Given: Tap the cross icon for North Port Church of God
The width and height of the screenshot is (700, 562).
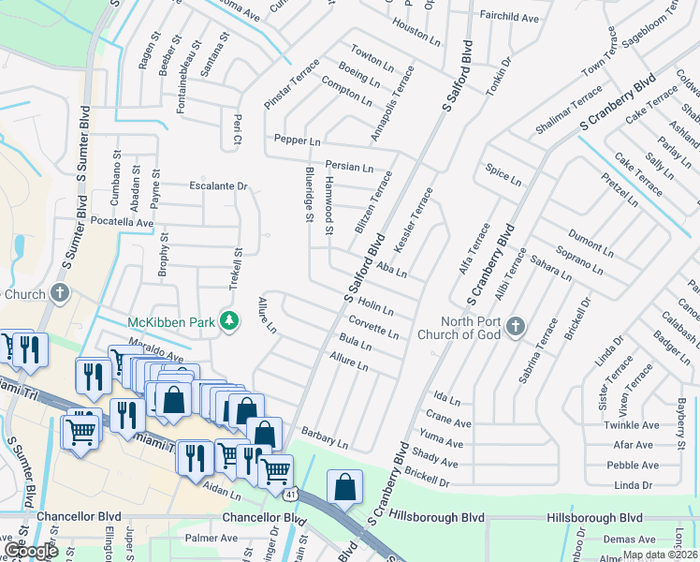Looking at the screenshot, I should point(514,327).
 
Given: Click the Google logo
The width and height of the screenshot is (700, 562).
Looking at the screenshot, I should point(31,552).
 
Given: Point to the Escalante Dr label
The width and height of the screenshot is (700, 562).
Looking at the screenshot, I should point(218,186).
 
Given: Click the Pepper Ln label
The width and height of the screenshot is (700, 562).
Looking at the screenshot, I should point(298,139).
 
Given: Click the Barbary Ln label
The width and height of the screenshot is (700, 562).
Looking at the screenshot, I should point(325,436).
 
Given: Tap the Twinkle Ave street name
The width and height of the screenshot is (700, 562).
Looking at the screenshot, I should point(626,424).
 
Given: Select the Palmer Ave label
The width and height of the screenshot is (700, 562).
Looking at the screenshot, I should point(211,539).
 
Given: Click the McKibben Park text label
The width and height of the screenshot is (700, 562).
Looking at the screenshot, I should point(173,322).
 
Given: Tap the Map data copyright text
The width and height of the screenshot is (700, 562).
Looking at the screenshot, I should point(661,555).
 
